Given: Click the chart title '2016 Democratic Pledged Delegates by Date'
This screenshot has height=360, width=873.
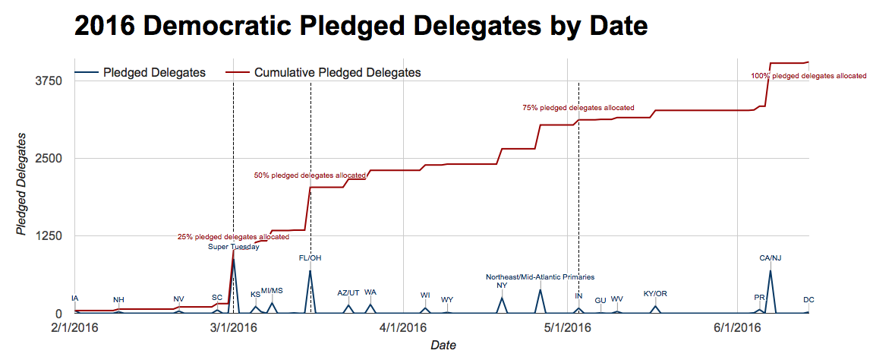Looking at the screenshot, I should point(361,27).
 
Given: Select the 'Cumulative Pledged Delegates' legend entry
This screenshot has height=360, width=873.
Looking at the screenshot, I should point(337,73).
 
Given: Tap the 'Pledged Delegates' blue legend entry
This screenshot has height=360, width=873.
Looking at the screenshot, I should point(154,73).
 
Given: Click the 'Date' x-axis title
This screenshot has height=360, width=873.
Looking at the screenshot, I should point(443,346).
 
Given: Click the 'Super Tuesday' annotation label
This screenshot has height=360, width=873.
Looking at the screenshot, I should point(234,246).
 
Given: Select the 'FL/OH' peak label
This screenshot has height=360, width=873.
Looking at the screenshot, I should point(310,258).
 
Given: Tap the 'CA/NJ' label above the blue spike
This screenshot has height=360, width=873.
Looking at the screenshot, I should point(771,258).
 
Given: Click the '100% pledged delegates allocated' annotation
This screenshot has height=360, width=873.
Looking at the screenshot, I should point(808,76).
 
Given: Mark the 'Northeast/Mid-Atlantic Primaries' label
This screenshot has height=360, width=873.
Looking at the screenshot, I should point(540,277).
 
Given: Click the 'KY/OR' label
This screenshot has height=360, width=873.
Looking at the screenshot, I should point(655,294).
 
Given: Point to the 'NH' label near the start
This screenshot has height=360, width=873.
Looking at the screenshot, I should point(118,300).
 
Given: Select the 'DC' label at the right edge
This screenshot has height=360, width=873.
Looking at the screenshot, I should point(808,300).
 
